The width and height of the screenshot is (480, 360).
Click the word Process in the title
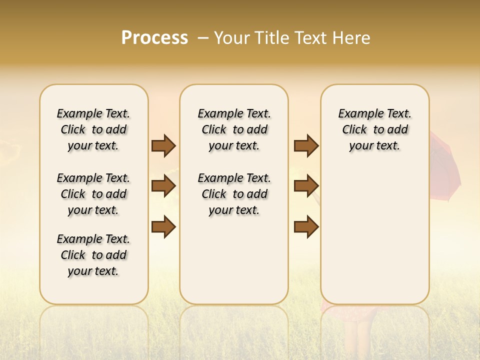154,38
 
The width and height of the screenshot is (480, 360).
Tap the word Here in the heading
351,38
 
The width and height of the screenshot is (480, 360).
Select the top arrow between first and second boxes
163,145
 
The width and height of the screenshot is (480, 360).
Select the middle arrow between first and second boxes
163,186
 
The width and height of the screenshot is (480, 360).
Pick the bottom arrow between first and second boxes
163,227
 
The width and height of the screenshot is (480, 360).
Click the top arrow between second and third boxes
306,145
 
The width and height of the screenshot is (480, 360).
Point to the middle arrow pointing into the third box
306,186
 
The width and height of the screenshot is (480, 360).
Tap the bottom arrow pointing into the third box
306,227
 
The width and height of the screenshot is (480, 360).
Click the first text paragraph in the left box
93,129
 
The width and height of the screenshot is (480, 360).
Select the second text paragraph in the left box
93,194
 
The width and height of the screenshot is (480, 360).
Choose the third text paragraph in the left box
93,255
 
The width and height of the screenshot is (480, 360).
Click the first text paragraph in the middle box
234,129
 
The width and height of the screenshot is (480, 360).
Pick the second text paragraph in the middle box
234,194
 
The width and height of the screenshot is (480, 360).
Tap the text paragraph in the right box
374,129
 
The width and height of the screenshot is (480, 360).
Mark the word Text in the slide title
309,38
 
